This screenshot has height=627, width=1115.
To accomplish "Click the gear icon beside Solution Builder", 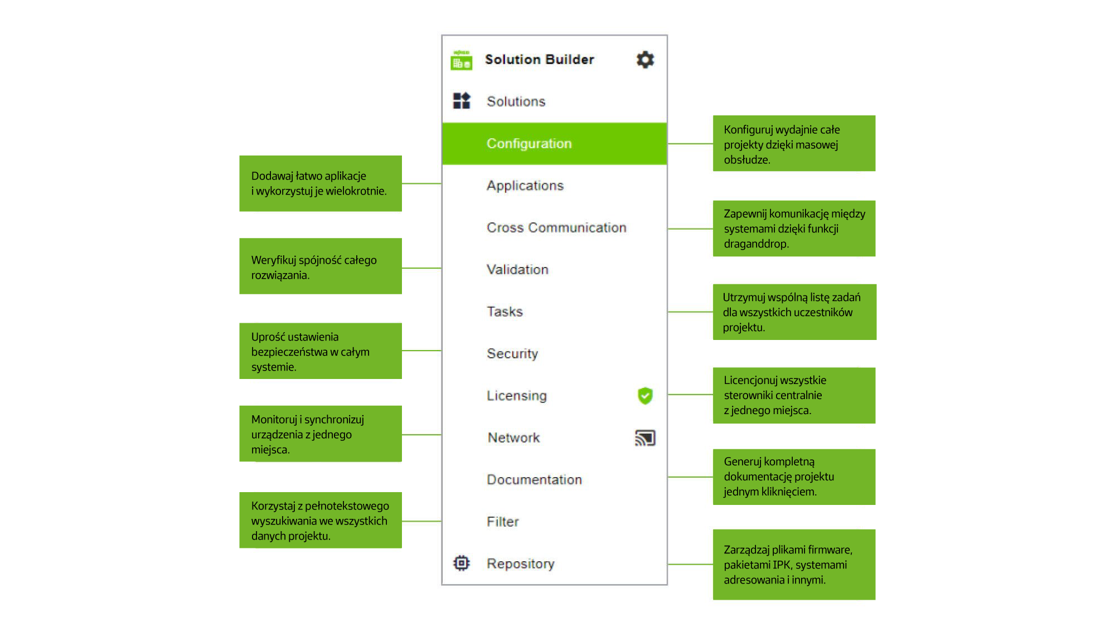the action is coord(645,60).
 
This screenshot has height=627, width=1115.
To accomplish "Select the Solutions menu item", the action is coord(516,101).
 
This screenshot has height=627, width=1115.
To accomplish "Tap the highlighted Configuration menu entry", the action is coord(554,143).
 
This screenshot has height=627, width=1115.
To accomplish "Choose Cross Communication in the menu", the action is coord(556,227).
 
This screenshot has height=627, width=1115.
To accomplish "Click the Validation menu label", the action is coord(517,270).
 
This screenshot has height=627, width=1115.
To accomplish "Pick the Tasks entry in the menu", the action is coord(505,312).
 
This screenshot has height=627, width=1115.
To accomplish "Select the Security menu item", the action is coord(512,353).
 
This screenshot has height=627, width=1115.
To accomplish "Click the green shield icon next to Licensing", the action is coord(645,396).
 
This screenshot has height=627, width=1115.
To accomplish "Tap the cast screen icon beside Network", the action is coord(645,438).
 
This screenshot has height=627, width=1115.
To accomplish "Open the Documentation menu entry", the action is coord(534,479).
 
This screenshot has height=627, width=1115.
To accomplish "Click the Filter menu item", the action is coord(502,522).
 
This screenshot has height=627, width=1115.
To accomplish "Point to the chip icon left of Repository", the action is coord(462,563).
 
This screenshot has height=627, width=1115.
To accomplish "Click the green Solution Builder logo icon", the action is coord(461,60).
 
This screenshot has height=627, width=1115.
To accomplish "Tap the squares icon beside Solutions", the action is coord(462,101).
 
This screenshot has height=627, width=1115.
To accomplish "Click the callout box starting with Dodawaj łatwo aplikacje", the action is coord(321,183).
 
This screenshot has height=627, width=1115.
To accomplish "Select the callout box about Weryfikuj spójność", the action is coord(321,266).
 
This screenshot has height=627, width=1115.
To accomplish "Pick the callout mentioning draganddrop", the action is coord(794,229).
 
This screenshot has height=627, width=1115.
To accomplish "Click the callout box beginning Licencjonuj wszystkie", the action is coord(794,395).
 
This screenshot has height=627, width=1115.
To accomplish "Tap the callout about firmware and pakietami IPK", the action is coord(794,565).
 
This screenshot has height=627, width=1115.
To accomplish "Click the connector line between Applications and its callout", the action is coord(421,183).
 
